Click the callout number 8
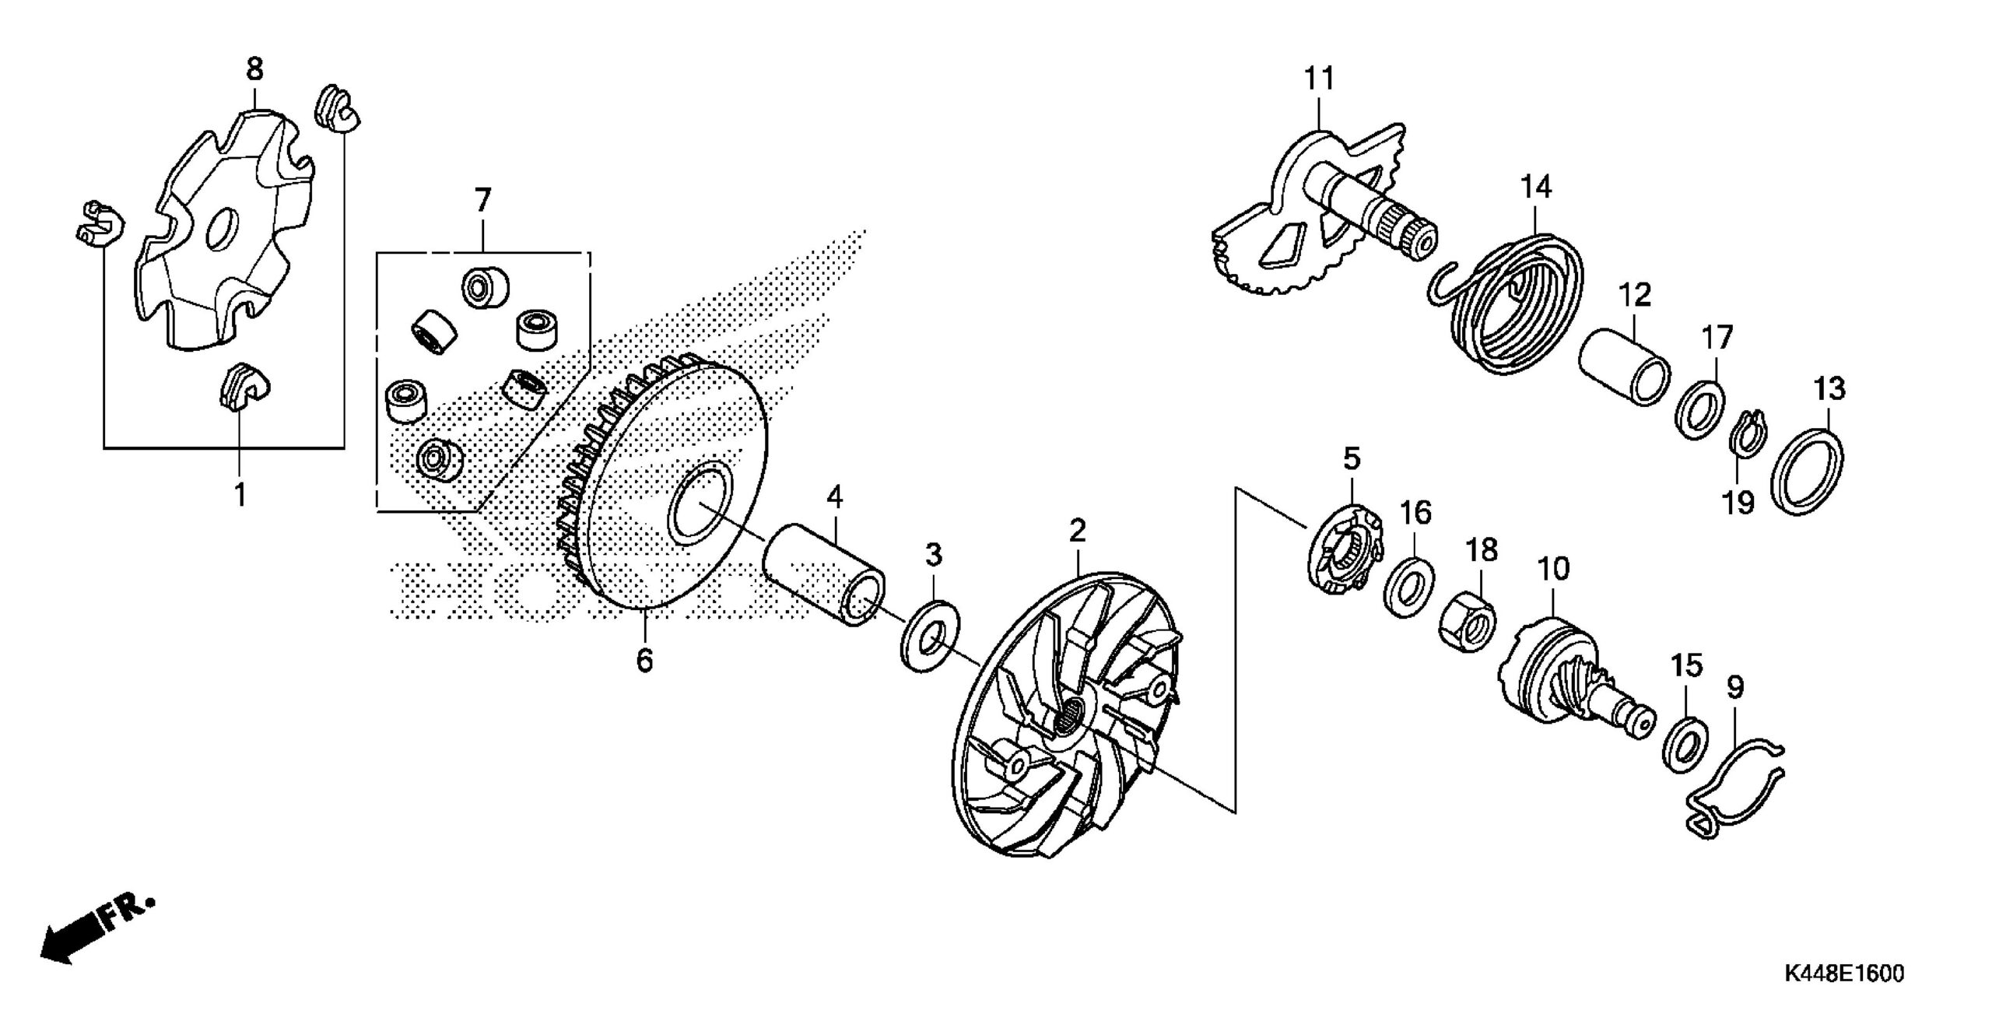254,70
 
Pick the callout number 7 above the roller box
482,200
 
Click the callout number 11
1320,79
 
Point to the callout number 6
644,660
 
